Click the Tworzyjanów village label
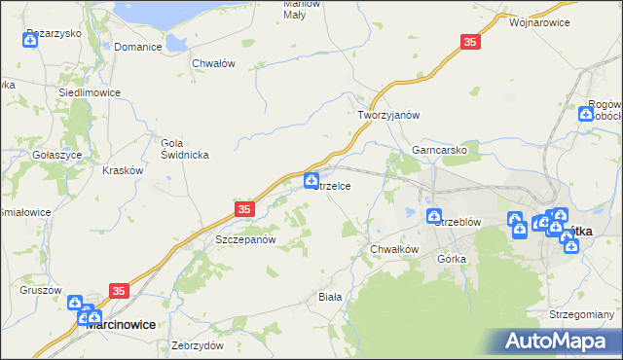tap(387, 115)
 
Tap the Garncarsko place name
tap(440, 152)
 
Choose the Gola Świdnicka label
tap(180, 149)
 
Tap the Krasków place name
tap(123, 170)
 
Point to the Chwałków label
tap(394, 249)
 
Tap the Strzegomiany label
tap(582, 315)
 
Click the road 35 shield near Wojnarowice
tap(471, 42)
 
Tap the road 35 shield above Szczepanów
tap(243, 209)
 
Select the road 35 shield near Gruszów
tap(120, 291)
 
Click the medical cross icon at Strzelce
tap(311, 180)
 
